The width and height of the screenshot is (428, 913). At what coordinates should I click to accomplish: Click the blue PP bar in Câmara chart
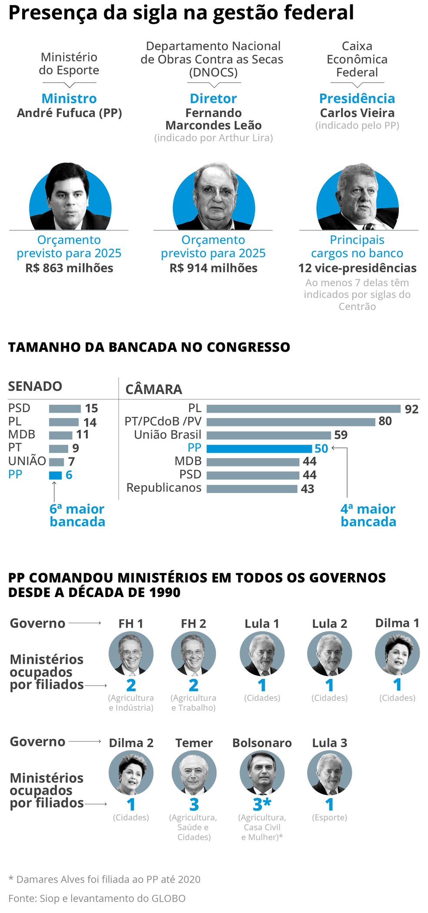click(259, 448)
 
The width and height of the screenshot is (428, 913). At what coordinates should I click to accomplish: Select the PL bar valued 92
click(303, 409)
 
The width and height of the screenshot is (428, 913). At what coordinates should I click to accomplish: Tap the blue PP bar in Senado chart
click(55, 475)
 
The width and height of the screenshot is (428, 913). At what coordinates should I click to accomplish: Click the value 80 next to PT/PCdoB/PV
click(385, 421)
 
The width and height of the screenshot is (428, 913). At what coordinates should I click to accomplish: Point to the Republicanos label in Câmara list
click(164, 488)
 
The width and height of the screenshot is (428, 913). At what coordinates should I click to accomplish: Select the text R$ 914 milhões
click(213, 268)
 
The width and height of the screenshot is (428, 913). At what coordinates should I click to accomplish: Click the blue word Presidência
click(357, 98)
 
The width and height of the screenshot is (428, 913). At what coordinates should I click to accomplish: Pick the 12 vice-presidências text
click(357, 268)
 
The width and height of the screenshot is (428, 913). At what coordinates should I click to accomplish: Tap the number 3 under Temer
click(194, 804)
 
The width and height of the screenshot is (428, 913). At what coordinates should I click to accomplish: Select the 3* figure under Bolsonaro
click(262, 804)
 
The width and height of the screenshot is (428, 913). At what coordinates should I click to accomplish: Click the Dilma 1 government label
click(397, 623)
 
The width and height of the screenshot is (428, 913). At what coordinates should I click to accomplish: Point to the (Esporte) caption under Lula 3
click(329, 817)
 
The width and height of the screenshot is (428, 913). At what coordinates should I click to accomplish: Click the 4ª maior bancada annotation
click(368, 515)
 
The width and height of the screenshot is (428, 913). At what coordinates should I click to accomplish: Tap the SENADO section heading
click(35, 386)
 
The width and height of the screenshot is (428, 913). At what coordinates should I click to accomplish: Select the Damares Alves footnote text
click(104, 879)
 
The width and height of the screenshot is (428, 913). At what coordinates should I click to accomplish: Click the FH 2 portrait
click(194, 653)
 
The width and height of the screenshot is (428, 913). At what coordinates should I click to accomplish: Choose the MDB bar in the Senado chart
click(60, 435)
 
